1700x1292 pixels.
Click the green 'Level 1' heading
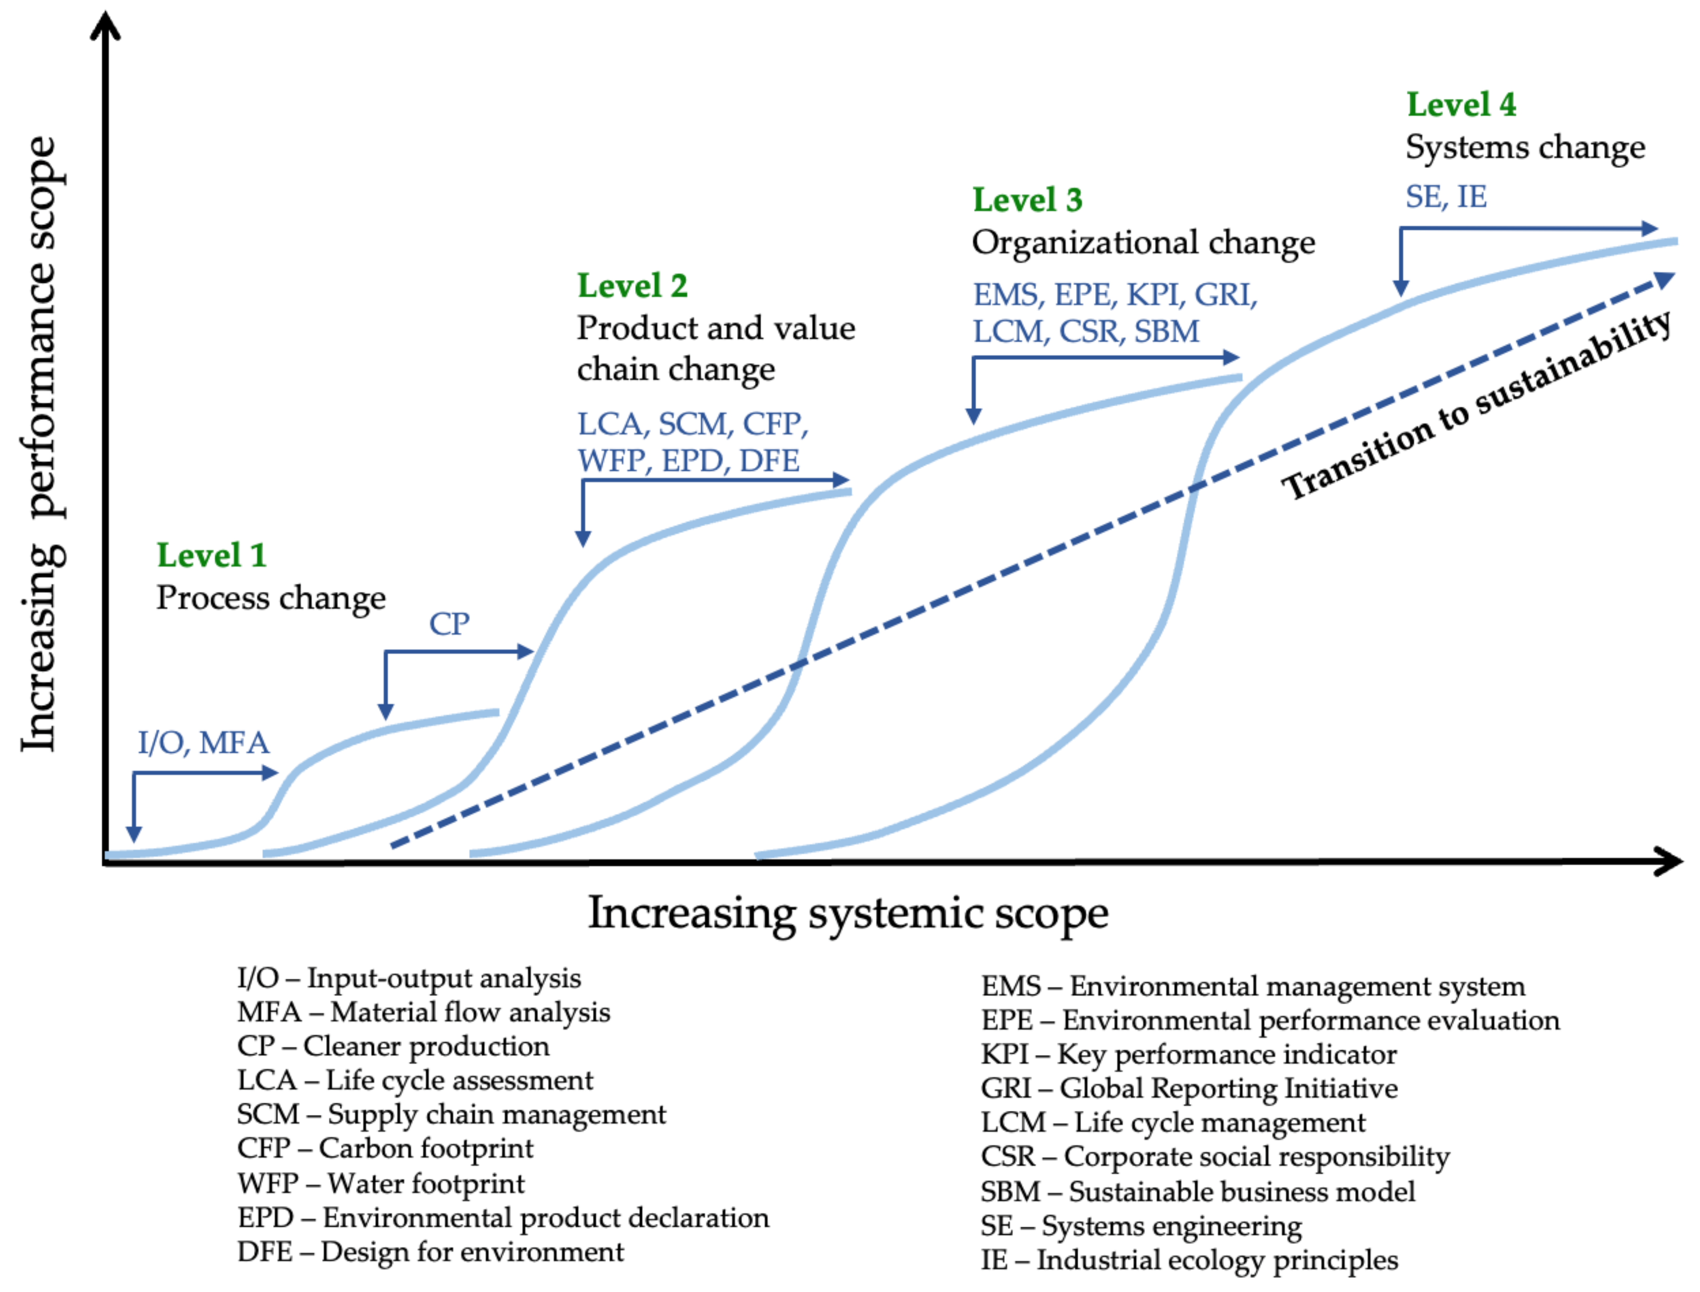[x=211, y=556]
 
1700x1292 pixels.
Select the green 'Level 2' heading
[x=632, y=286]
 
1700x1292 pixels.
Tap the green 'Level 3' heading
[x=1027, y=201]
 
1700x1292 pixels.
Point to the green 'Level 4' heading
[x=1461, y=105]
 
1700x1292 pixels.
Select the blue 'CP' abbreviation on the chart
[x=449, y=624]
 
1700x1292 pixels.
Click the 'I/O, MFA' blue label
[x=204, y=743]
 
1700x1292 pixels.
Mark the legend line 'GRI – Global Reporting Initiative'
[x=1189, y=1088]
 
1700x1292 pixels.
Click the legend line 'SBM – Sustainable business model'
[x=1197, y=1191]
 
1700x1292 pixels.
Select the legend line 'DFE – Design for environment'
[x=430, y=1252]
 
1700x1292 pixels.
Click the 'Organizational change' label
[x=1143, y=243]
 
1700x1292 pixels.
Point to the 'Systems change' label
[x=1525, y=148]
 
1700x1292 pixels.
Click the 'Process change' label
[x=271, y=598]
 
